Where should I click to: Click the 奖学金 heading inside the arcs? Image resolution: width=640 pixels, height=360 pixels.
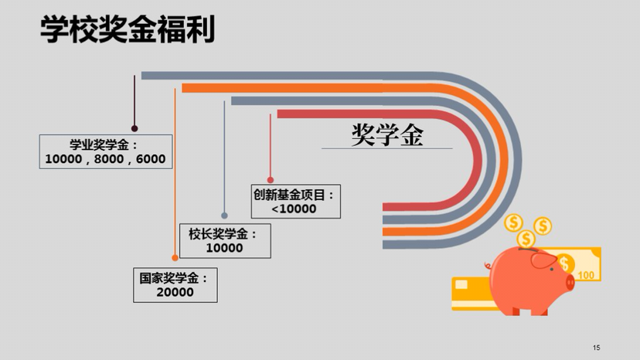tap(387, 135)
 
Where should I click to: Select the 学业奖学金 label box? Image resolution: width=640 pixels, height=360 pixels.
tap(105, 151)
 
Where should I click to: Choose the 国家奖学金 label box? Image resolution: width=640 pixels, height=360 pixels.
tap(175, 285)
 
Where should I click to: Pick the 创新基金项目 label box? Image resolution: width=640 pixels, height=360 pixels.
tap(294, 201)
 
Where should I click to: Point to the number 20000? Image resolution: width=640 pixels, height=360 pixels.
tap(175, 293)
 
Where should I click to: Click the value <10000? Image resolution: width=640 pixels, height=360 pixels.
tap(294, 209)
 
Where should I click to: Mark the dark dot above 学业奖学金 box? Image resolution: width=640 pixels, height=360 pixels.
tap(134, 129)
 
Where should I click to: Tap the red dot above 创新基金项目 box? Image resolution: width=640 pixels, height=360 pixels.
tap(271, 179)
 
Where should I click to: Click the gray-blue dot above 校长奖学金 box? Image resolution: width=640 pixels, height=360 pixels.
tap(224, 216)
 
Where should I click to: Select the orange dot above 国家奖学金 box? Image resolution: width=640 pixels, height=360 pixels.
tap(175, 258)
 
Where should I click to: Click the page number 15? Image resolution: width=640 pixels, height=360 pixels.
tap(596, 347)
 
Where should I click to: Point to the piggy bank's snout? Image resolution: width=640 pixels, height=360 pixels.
tap(570, 281)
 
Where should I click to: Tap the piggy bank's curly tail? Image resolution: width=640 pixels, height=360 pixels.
tap(489, 266)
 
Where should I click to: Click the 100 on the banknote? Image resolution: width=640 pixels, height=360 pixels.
tap(586, 275)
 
